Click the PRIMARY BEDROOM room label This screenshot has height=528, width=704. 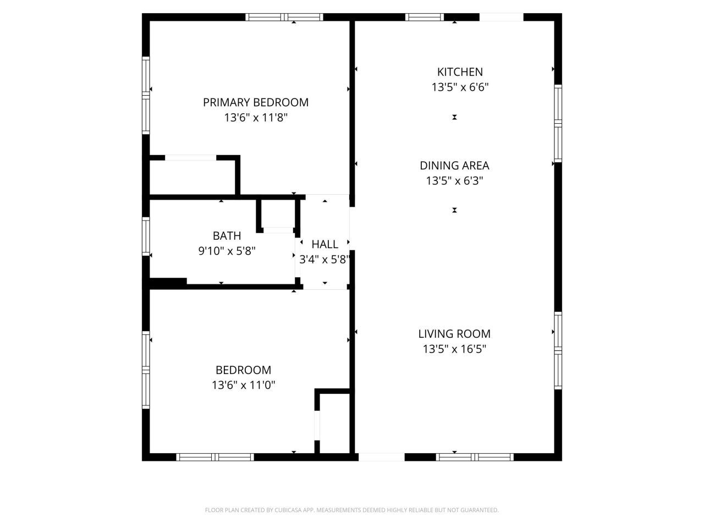coord(255,102)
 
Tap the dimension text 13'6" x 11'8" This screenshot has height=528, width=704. coord(255,117)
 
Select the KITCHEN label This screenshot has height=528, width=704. coord(460,72)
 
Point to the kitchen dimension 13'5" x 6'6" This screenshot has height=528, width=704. coord(460,87)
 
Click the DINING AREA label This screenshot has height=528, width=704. coord(454,166)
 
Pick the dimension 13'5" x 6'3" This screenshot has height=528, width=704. coord(454,180)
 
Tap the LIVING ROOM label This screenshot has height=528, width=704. coord(454,333)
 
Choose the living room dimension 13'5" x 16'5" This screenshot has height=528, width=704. coord(454,349)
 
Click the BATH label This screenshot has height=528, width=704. coord(227,236)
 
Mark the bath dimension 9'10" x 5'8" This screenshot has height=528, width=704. coord(227,251)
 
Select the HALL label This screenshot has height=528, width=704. coord(324,244)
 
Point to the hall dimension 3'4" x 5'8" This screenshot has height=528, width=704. coord(324,259)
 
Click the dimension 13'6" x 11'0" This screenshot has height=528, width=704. coord(243,385)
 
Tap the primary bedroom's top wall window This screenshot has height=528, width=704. coord(284,17)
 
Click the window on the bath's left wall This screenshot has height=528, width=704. coord(146,236)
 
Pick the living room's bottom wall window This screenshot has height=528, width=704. coord(475,457)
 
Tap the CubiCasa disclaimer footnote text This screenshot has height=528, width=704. coord(351,510)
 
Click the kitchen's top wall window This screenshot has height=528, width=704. coord(424,17)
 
